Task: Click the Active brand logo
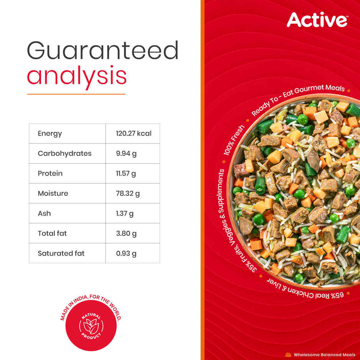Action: click(317, 20)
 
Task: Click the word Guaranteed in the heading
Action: click(103, 51)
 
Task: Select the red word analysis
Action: click(77, 76)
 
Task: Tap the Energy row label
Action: click(50, 134)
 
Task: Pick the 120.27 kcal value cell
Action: click(134, 134)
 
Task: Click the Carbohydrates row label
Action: click(64, 154)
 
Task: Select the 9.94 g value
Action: click(126, 154)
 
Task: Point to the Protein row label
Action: click(50, 173)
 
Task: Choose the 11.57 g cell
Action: click(126, 173)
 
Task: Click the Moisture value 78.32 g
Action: click(128, 193)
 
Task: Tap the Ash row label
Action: click(44, 213)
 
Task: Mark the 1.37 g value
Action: click(125, 213)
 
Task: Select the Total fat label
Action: click(52, 233)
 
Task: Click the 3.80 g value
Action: click(126, 233)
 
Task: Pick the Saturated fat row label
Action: click(61, 253)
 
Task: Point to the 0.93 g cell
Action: click(126, 253)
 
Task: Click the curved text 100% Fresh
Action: click(234, 140)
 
